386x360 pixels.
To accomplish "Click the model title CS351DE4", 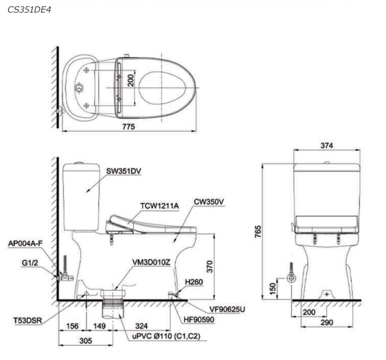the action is pyautogui.click(x=29, y=10).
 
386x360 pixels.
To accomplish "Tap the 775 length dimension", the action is pyautogui.click(x=129, y=126).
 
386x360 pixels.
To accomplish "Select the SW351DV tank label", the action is pyautogui.click(x=124, y=171).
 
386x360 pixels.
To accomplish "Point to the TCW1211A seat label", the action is pyautogui.click(x=160, y=206).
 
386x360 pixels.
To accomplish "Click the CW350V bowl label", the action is pyautogui.click(x=209, y=202).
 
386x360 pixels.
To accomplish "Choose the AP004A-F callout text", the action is pyautogui.click(x=26, y=243).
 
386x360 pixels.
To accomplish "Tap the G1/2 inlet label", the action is pyautogui.click(x=30, y=263).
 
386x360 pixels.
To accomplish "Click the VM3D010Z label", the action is pyautogui.click(x=151, y=263).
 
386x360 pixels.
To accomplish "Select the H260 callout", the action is pyautogui.click(x=194, y=282).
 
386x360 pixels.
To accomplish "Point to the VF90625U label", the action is pyautogui.click(x=227, y=309).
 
